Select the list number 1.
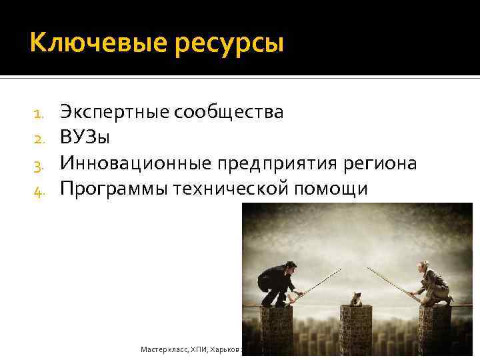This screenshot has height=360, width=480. point(39,113)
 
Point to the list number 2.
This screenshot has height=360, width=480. point(39,139)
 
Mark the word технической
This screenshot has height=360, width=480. point(231,189)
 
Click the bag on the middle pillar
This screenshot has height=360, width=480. point(357,299)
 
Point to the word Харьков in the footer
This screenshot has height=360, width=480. point(227,349)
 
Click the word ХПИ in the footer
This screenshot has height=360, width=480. point(198,349)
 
